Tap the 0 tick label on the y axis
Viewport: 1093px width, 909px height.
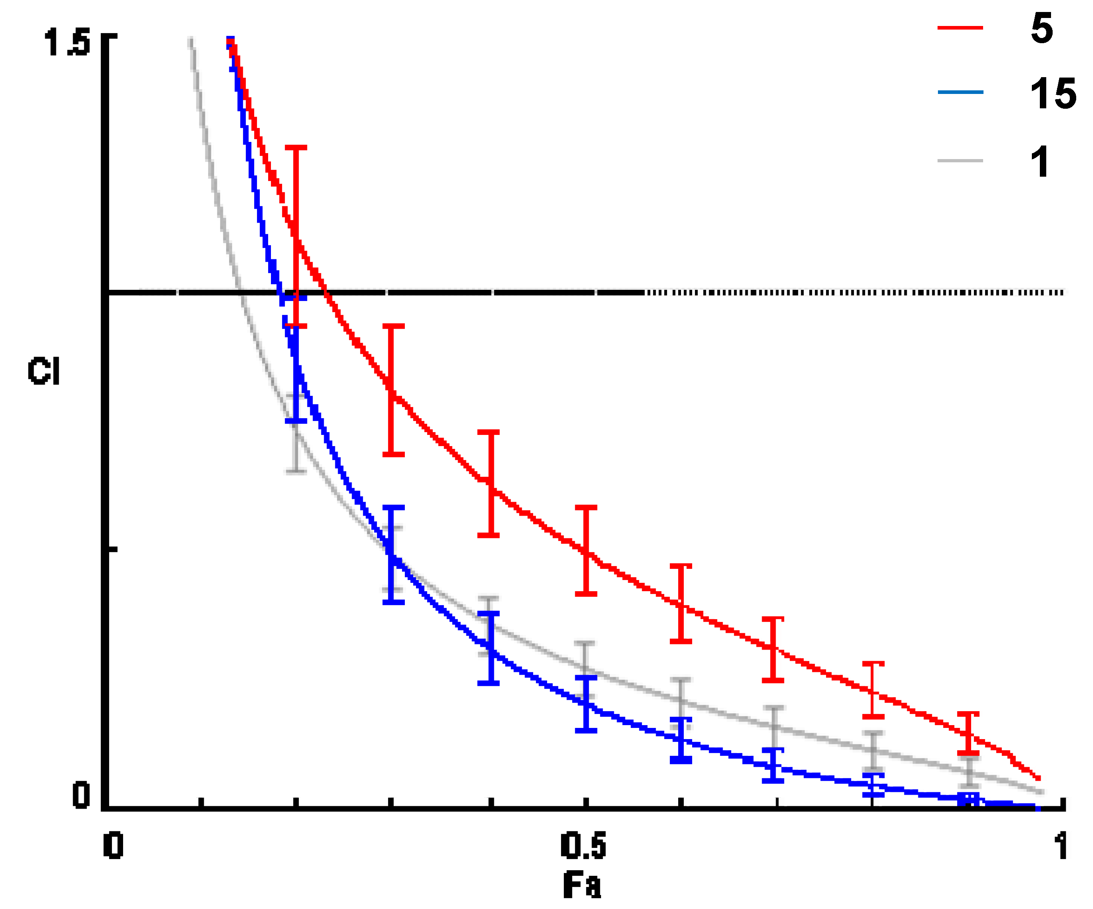click(x=81, y=795)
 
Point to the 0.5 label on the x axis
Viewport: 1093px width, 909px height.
click(x=583, y=845)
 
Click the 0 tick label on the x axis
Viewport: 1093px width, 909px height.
click(x=113, y=845)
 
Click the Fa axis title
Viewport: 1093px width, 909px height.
click(x=582, y=885)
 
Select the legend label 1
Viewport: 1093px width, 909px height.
click(x=1039, y=162)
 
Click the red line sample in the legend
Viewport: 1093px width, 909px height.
click(x=960, y=27)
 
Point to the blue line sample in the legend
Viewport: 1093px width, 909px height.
click(x=960, y=93)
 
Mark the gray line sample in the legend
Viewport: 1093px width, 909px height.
click(x=960, y=161)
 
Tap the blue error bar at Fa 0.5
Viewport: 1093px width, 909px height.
click(x=586, y=704)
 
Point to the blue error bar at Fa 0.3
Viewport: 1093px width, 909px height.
click(x=394, y=554)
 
